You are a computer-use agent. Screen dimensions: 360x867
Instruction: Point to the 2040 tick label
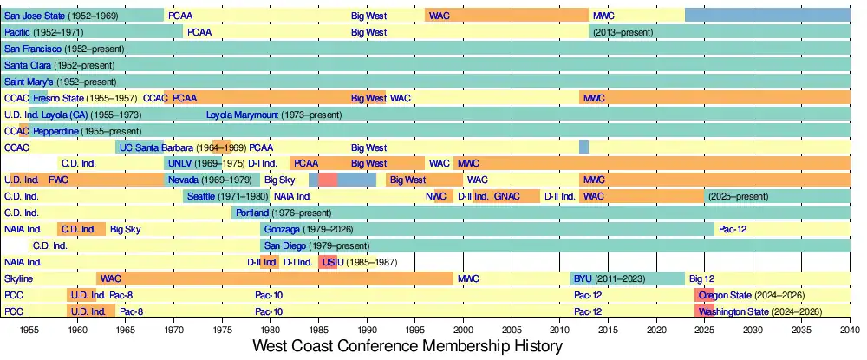pos(850,331)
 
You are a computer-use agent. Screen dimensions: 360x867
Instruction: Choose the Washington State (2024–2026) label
pos(759,311)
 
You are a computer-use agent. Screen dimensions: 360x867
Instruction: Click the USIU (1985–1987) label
pos(358,262)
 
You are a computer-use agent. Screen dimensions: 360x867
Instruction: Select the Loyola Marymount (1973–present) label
pos(274,115)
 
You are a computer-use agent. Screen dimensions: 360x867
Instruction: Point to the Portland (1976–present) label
pos(283,213)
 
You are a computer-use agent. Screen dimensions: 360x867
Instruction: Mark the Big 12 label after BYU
pos(701,278)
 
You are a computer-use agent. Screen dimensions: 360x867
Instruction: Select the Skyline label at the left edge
pos(18,278)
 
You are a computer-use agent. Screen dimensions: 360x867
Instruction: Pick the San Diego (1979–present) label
pos(309,245)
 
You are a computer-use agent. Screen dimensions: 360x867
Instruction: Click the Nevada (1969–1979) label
pos(209,180)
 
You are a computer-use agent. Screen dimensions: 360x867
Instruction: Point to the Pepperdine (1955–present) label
pos(81,131)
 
